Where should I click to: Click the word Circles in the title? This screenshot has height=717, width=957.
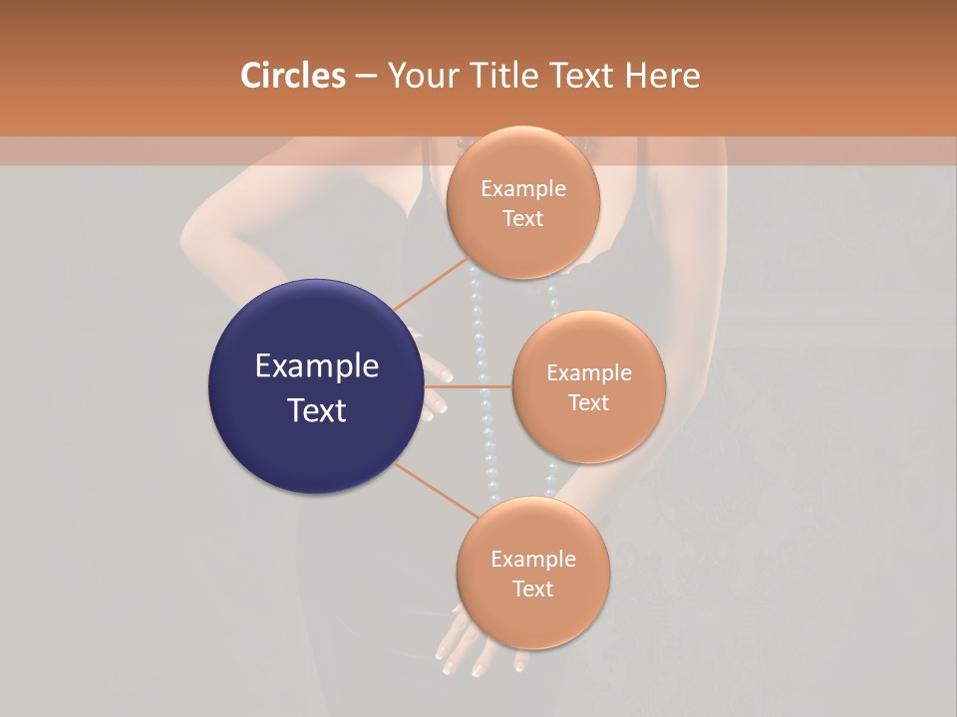click(x=293, y=76)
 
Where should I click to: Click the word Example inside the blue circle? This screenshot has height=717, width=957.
click(x=317, y=366)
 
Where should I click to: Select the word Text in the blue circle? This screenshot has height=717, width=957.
click(x=317, y=409)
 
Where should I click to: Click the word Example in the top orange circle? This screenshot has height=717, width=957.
click(x=523, y=189)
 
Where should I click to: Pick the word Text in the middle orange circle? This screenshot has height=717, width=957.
click(x=588, y=403)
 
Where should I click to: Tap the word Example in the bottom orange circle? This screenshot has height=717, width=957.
click(x=533, y=560)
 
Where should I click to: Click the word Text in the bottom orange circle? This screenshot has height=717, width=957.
click(x=532, y=590)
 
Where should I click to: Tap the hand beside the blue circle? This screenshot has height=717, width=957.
click(x=435, y=383)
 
